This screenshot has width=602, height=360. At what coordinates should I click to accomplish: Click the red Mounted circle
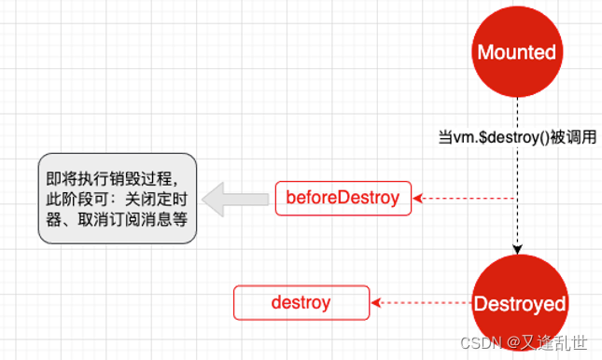pos(516,53)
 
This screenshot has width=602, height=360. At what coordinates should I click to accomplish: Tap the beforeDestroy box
pos(343,198)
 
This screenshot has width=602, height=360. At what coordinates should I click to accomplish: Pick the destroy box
pos(301,302)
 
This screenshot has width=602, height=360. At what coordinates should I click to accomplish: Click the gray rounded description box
pos(117,199)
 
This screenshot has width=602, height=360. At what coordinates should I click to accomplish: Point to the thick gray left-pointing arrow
pos(232,199)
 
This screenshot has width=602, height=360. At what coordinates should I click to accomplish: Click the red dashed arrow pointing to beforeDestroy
pos(467,198)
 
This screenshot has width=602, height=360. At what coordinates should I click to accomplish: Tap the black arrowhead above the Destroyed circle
pos(516,248)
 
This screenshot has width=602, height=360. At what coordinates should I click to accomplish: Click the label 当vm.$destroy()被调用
pos(516,137)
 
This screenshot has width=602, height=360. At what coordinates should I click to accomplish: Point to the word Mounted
pos(516,53)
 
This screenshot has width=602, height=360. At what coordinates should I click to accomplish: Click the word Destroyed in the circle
pos(519,303)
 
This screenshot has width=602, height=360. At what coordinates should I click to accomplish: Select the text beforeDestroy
pos(343,198)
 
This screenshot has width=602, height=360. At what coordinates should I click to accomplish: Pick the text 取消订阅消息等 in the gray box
pos(140,220)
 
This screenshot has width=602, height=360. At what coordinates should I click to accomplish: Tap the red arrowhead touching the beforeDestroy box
pos(418,198)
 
